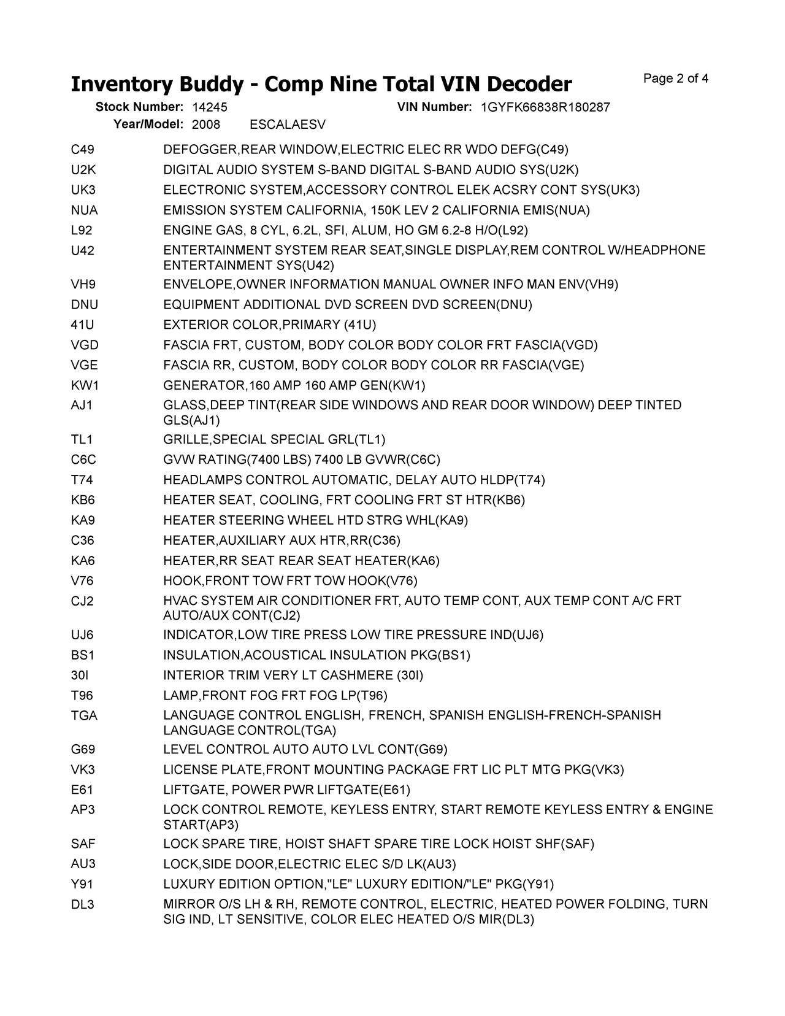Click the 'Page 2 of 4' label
tap(676, 79)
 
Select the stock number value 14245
tap(209, 107)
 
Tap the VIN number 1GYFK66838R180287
tap(545, 107)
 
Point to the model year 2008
tap(205, 125)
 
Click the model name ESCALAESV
tap(288, 125)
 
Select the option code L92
tap(82, 231)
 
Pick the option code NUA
tap(84, 210)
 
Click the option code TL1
tap(82, 439)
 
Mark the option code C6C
tap(83, 460)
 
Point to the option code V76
tap(82, 580)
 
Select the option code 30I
tap(80, 675)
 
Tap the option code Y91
tap(82, 884)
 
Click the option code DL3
tap(82, 904)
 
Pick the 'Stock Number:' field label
tap(139, 107)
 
